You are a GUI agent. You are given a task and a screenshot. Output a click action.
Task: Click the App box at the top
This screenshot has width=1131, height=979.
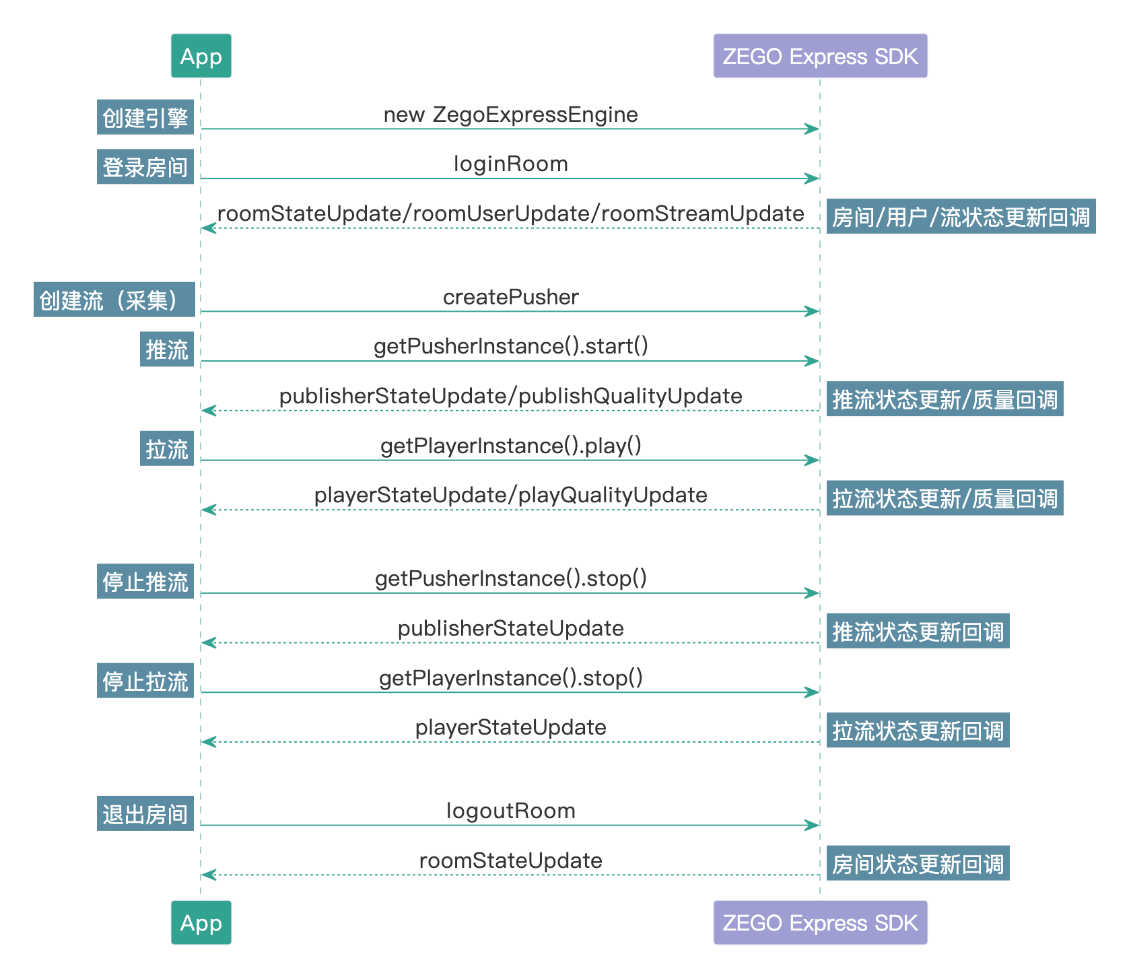coord(201,56)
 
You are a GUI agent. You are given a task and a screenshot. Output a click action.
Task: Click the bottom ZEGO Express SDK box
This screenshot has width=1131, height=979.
coord(820,922)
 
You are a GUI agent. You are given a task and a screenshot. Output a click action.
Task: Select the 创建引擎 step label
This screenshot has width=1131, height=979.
coord(145,117)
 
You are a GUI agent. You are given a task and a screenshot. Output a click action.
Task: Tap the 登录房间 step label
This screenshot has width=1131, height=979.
coord(145,166)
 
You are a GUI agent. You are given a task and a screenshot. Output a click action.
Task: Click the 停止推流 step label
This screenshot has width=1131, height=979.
coord(145,581)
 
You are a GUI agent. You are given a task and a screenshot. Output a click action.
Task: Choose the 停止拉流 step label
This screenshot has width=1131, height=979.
coord(145,681)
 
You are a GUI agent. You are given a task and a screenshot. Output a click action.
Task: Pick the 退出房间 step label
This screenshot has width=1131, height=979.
coord(145,813)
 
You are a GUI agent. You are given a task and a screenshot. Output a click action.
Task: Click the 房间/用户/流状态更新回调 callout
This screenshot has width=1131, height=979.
coord(961,216)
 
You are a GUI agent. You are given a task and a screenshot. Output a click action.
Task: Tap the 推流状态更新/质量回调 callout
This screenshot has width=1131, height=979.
coord(945,399)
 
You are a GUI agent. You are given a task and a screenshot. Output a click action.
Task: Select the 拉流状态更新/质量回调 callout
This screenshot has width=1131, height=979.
coord(945,498)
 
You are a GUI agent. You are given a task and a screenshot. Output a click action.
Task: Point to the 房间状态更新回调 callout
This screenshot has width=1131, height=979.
coord(918,863)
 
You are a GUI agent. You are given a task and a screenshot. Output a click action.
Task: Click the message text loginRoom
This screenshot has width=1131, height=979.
coord(510,164)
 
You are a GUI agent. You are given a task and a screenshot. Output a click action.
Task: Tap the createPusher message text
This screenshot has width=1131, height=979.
coord(510,297)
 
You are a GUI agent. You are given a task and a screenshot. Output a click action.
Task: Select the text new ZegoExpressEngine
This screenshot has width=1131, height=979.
coord(510,114)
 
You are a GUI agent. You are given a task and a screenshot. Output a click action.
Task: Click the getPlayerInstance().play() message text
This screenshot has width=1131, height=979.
coord(510,446)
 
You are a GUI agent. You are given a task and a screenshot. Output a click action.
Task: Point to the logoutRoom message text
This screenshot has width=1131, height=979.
coord(510,811)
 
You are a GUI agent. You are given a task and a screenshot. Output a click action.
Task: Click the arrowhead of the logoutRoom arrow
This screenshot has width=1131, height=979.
coord(813,825)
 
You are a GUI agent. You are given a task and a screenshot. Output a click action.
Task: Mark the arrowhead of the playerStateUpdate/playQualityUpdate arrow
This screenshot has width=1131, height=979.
coord(208,510)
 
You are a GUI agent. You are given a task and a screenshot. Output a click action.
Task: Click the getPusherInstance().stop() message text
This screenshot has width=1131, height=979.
coord(510,578)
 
